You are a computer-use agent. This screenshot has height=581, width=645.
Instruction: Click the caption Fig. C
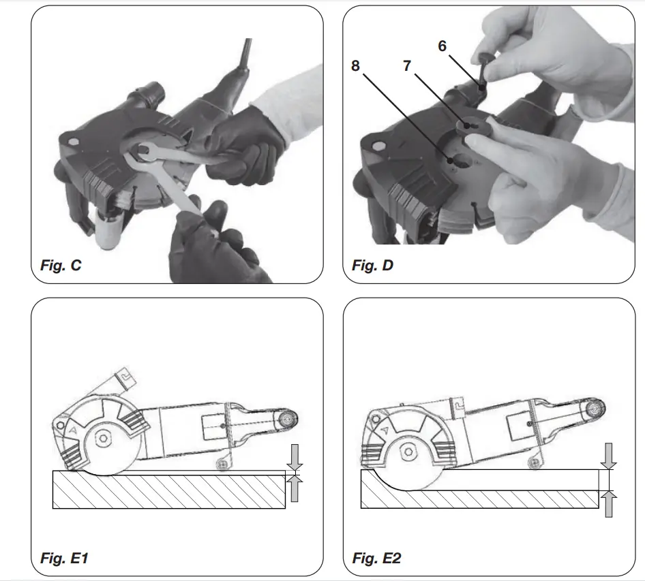(x=61, y=265)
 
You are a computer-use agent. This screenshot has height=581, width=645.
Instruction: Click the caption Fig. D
(x=373, y=265)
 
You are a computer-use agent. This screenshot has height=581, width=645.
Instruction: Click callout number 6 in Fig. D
(x=442, y=46)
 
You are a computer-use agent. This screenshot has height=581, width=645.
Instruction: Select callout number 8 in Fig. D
(x=355, y=65)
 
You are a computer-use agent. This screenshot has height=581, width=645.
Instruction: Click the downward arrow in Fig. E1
(x=294, y=454)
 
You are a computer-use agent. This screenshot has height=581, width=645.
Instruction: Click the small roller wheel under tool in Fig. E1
(x=222, y=463)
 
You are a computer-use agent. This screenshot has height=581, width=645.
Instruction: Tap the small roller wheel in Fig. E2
(x=537, y=462)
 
